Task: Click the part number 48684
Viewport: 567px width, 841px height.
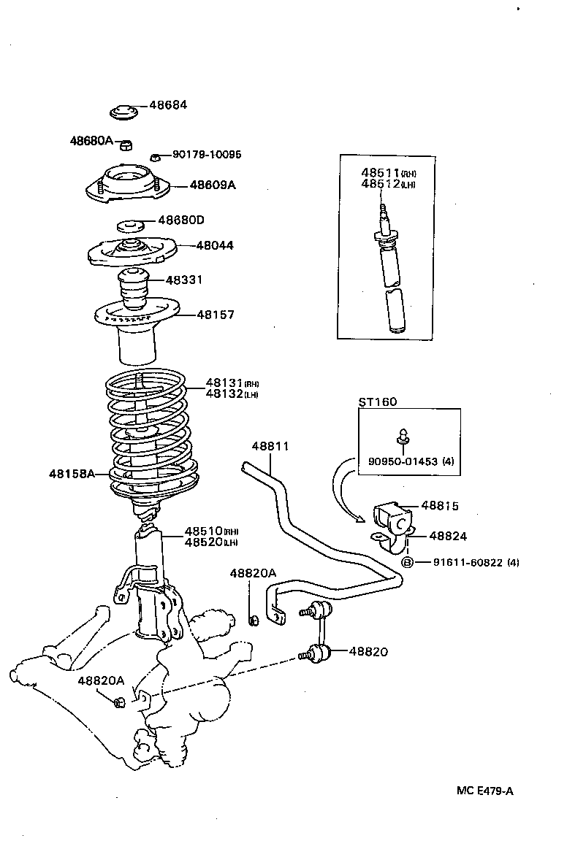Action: pyautogui.click(x=168, y=104)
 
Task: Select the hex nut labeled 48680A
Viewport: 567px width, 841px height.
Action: pyautogui.click(x=126, y=142)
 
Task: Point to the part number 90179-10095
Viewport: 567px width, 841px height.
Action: pyautogui.click(x=207, y=155)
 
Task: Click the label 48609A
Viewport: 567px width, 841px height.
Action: pyautogui.click(x=213, y=185)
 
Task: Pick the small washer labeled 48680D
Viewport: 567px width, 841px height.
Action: pyautogui.click(x=131, y=223)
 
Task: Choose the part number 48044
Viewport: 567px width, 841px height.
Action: pyautogui.click(x=215, y=245)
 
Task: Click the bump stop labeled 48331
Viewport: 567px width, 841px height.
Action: pyautogui.click(x=133, y=289)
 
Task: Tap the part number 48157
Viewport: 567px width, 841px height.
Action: pyautogui.click(x=215, y=315)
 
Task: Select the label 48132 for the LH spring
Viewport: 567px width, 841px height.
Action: pyautogui.click(x=224, y=394)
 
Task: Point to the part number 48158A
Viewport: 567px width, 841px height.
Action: pyautogui.click(x=72, y=474)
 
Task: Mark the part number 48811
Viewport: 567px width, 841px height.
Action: pyautogui.click(x=271, y=445)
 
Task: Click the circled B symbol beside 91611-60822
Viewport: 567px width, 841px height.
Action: pyautogui.click(x=408, y=562)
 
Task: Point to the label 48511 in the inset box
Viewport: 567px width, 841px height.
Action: pyautogui.click(x=380, y=172)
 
